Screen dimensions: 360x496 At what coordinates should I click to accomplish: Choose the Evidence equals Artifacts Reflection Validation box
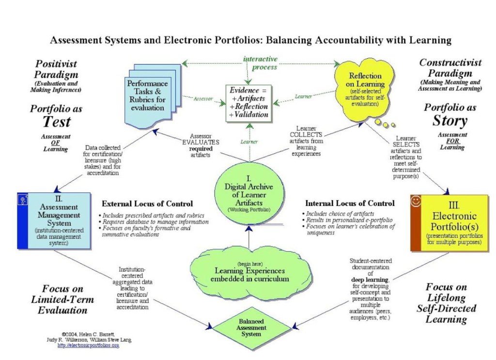248,103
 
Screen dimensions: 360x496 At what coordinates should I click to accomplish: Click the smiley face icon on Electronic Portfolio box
416,202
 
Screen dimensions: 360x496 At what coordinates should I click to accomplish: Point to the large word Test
56,122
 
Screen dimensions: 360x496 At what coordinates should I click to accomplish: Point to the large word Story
449,121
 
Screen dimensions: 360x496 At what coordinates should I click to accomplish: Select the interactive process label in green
260,63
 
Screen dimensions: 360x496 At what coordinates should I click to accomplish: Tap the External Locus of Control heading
147,203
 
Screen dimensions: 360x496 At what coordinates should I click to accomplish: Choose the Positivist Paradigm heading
56,69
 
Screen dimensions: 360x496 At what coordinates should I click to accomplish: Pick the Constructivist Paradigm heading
450,68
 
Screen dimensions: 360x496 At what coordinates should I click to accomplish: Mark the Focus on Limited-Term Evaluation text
62,299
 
